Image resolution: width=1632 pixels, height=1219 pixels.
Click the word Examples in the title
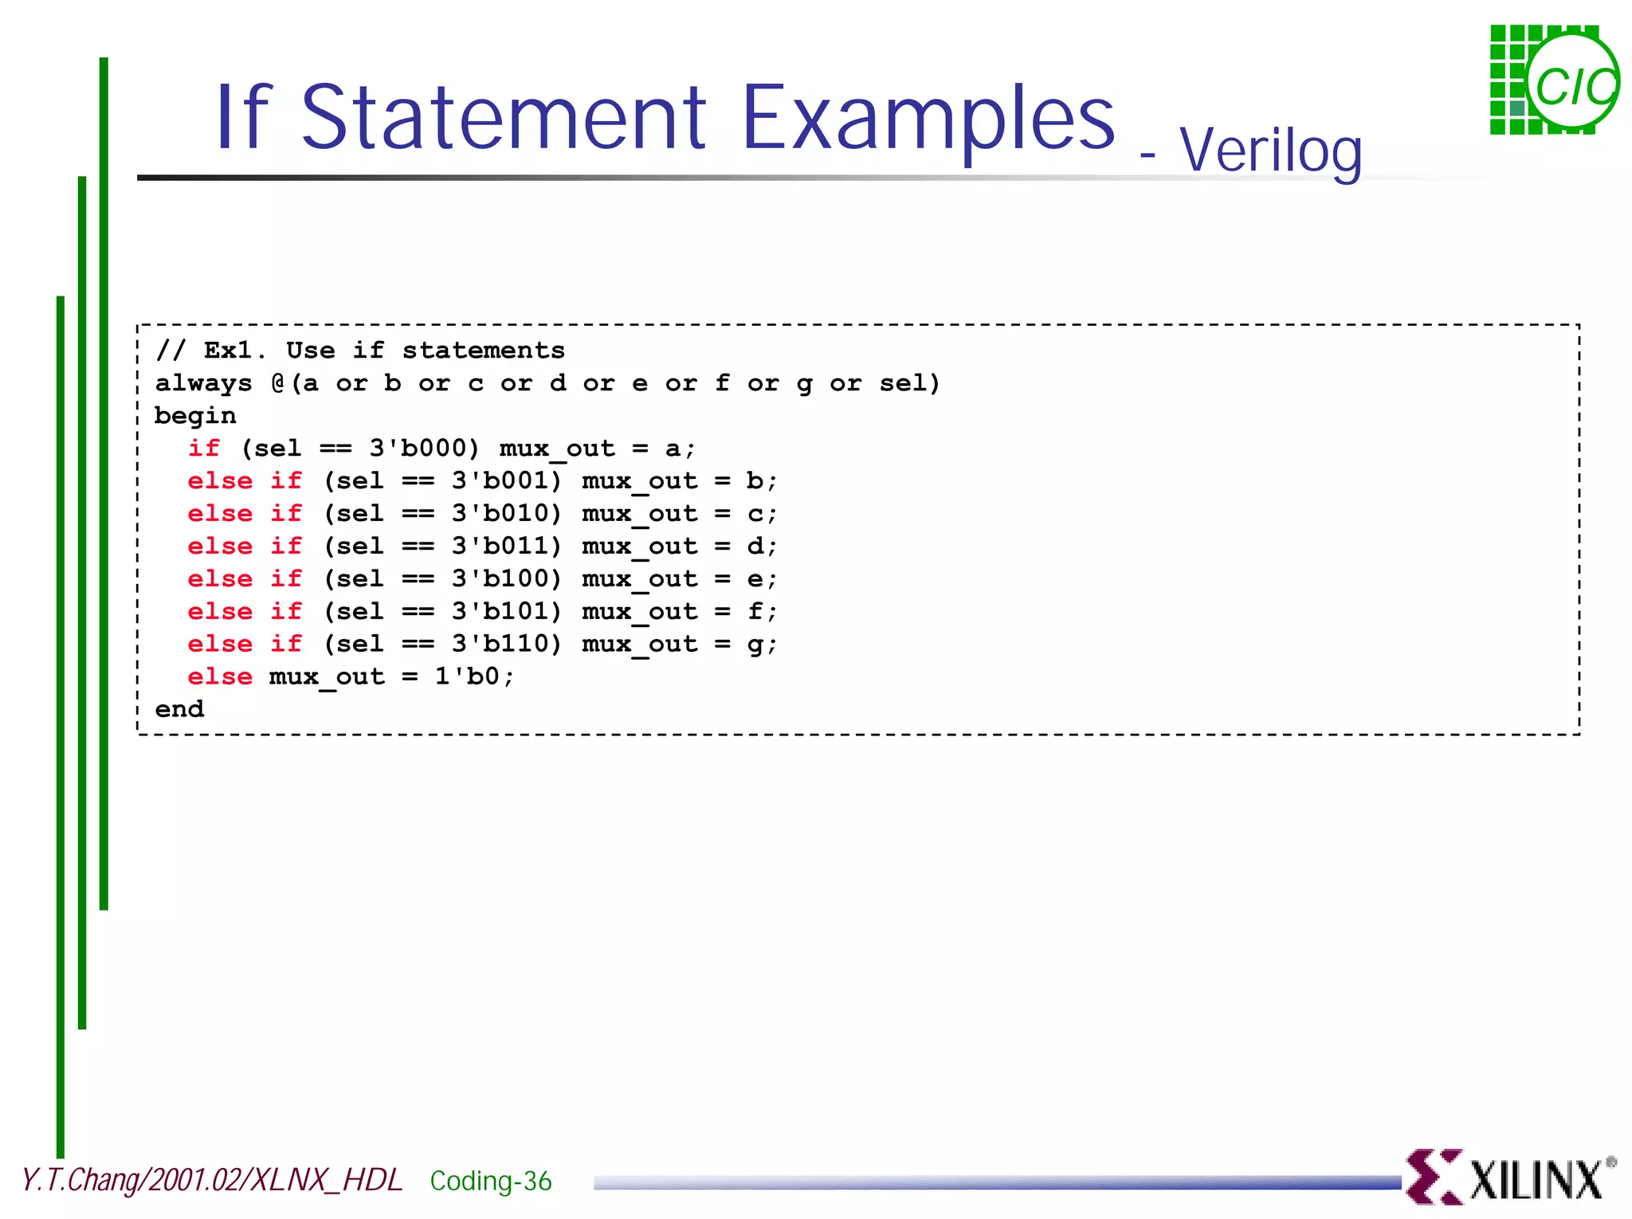(x=928, y=120)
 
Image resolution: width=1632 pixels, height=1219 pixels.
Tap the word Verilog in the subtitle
(x=1270, y=151)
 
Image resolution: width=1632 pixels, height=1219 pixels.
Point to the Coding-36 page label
(x=490, y=1181)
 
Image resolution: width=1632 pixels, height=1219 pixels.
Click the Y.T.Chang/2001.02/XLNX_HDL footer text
(x=212, y=1180)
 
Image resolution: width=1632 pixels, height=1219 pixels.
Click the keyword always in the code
(x=203, y=383)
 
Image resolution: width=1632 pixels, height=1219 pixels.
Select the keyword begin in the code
(x=195, y=416)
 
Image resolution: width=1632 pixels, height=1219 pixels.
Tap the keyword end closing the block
(x=179, y=709)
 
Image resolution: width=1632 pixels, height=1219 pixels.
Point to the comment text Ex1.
(x=229, y=351)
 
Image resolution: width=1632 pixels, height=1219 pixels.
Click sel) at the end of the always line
(x=909, y=383)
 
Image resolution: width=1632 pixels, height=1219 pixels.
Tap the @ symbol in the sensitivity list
(x=278, y=383)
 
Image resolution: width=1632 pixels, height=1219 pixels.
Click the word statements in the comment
(x=483, y=351)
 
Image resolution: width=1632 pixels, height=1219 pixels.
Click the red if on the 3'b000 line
(x=204, y=449)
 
